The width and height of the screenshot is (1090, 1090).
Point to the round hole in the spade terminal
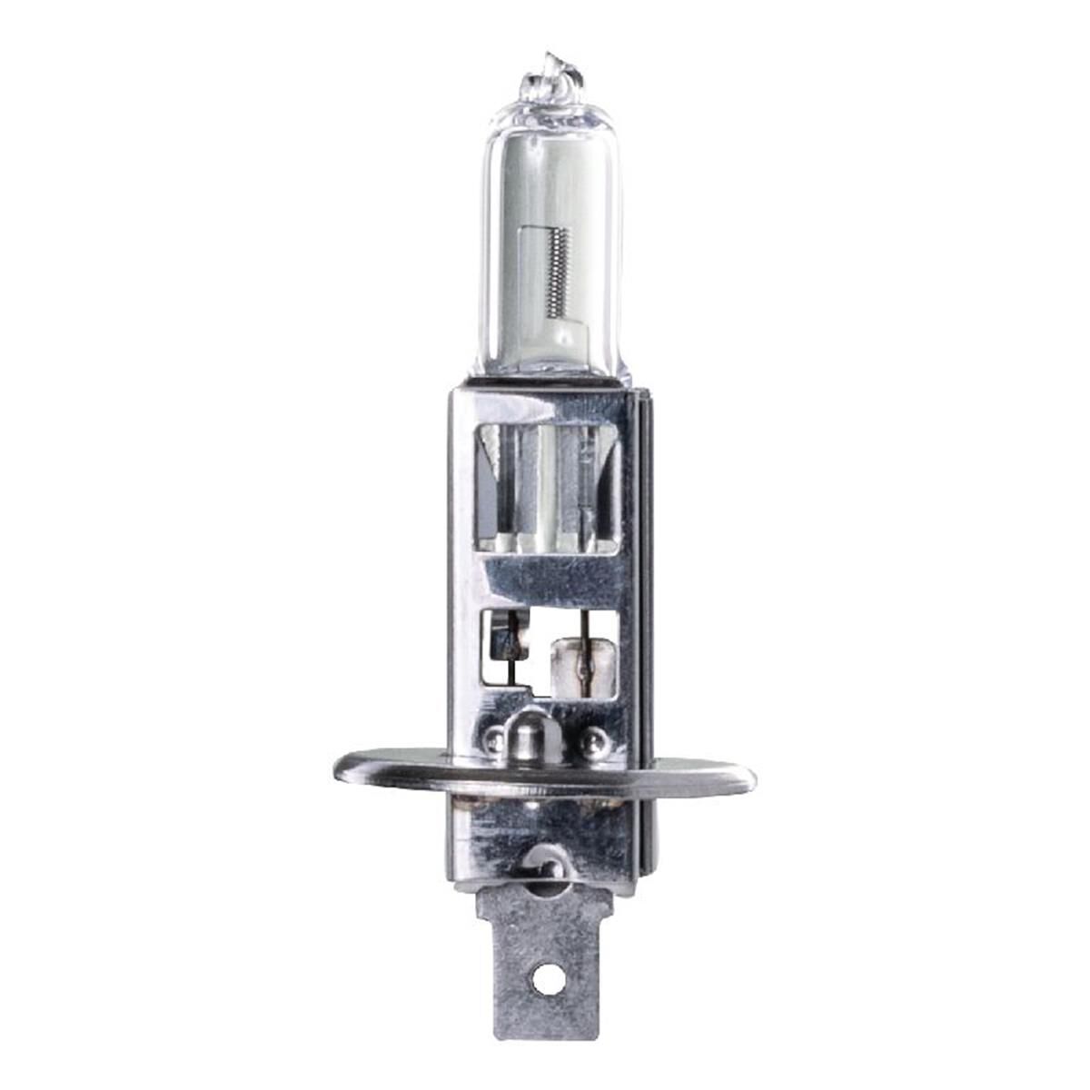coord(543,980)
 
